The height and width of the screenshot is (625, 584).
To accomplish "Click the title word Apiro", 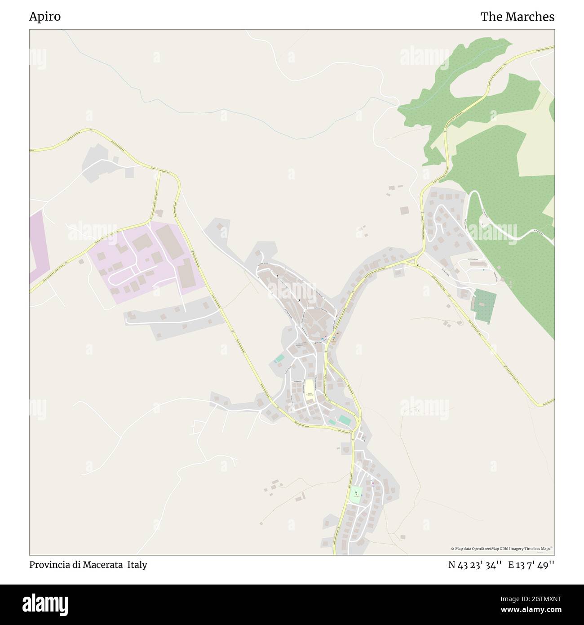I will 45,17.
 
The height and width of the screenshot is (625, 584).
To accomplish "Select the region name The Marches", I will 517,17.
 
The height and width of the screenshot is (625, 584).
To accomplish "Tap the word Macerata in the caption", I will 104,565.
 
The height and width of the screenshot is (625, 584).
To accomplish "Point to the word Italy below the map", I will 137,565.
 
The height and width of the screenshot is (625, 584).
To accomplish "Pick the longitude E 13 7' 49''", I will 531,565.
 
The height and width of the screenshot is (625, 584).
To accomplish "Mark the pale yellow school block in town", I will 310,388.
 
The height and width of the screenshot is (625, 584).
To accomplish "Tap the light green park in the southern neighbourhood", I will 356,495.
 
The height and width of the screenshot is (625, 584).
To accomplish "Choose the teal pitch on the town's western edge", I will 279,359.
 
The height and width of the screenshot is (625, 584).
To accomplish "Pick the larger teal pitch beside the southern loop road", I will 345,420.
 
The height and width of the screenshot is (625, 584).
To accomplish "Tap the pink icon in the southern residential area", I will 372,483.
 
